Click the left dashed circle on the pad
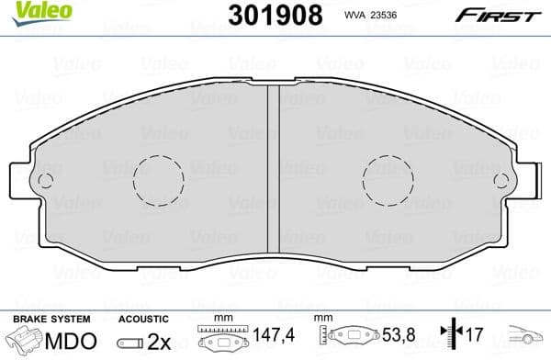pyautogui.click(x=159, y=181)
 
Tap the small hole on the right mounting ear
pyautogui.click(x=501, y=180)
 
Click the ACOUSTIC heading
pyautogui.click(x=144, y=319)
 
